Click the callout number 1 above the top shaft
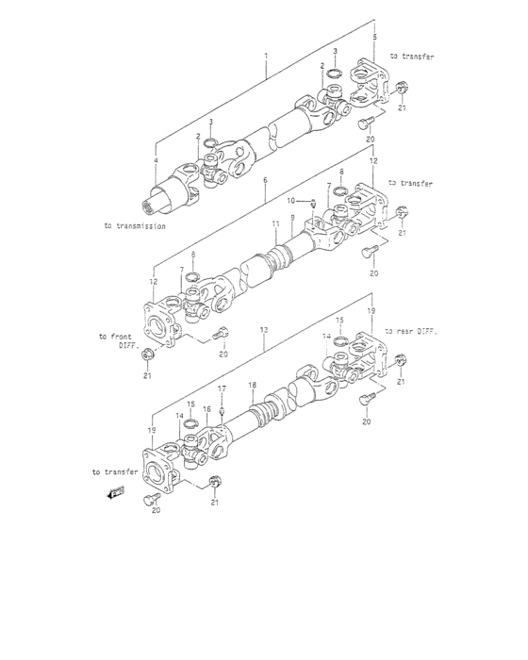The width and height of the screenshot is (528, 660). coord(267,57)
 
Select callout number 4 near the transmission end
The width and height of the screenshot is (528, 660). coord(156,161)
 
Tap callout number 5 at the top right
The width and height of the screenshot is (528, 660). coord(375,36)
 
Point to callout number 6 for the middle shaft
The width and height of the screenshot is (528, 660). coord(266,179)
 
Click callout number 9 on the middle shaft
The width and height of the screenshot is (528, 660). coord(293,218)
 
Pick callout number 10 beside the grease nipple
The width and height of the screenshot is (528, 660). coord(291,200)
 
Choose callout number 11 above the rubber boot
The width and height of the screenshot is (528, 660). coord(275,224)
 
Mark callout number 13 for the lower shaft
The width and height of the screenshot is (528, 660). coord(267,329)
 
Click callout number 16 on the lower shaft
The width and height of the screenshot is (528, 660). coord(206,409)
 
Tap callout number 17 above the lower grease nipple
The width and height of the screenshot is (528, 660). coord(223,388)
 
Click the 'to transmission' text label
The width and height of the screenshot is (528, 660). coord(135,226)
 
